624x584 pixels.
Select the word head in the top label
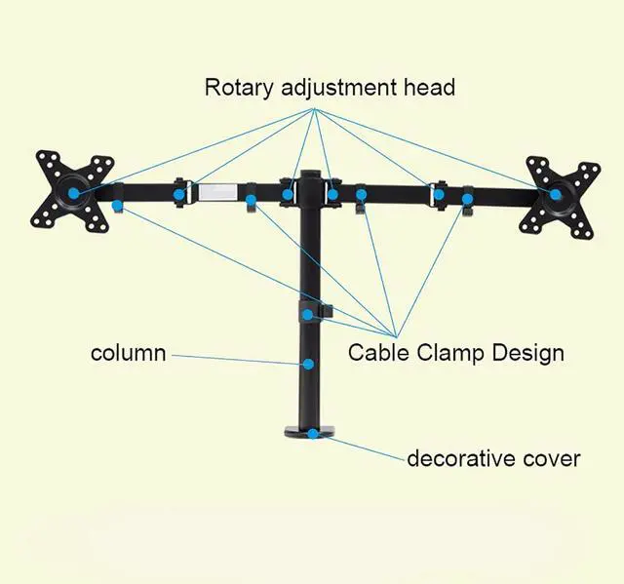(430, 87)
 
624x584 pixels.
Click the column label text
(128, 353)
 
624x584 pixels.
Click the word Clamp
(453, 353)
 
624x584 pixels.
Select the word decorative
(465, 458)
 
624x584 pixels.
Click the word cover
(553, 458)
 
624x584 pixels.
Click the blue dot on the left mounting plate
(74, 193)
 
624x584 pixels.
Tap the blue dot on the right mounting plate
(556, 194)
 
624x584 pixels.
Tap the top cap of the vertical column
(311, 176)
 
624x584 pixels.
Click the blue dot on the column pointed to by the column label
(309, 365)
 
